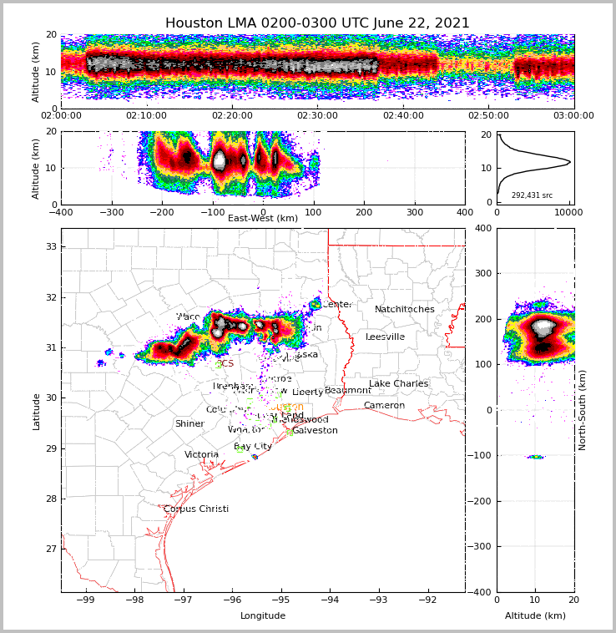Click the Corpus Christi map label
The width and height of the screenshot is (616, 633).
point(196,509)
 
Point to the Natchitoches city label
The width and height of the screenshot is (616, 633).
point(405,310)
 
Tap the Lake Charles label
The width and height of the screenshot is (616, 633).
point(398,384)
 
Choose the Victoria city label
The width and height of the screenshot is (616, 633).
point(202,455)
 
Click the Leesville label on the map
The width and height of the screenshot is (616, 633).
point(385,337)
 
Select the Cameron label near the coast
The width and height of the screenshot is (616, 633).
point(384,406)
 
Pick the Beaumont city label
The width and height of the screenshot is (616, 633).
point(348,391)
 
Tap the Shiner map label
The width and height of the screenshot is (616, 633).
point(189,424)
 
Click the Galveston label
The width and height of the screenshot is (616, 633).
point(315,431)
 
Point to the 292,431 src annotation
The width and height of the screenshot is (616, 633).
point(532,195)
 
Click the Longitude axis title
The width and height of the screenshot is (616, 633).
point(263,616)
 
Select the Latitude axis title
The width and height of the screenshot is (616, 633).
point(37,411)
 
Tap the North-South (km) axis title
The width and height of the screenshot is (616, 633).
point(583,410)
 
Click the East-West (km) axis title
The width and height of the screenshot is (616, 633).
point(263,219)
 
